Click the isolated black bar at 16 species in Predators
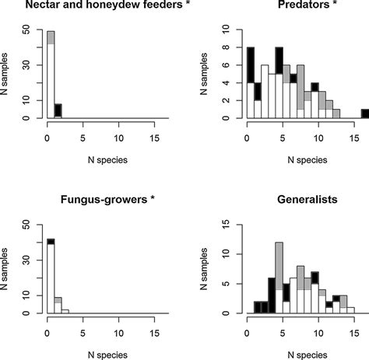click(364, 114)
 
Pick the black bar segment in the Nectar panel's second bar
click(58, 110)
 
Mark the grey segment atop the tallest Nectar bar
click(51, 37)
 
